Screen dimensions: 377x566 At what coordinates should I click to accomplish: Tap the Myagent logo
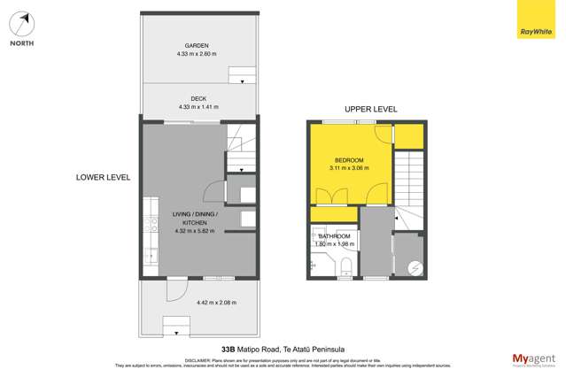(534, 358)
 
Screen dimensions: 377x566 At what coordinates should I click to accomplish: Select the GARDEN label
(197, 45)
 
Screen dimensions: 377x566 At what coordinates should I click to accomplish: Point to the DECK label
(197, 98)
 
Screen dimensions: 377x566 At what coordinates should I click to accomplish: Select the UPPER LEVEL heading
(371, 109)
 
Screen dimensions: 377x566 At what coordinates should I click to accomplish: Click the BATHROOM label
(335, 236)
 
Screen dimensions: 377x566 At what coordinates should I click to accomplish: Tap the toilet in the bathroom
(346, 265)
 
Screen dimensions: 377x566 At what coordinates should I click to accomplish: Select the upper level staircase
(409, 177)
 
